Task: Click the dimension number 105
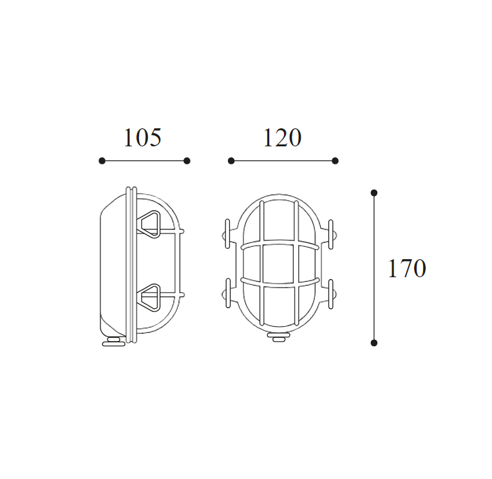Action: coord(143,137)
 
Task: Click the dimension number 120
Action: coord(282,137)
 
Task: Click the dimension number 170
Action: coord(407,268)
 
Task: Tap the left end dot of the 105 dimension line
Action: coord(102,161)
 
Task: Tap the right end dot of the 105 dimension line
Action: coord(187,161)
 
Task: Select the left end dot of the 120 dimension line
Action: coord(231,161)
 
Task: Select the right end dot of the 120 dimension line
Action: coord(335,161)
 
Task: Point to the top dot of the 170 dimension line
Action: coord(374,193)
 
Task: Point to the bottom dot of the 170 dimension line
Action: coord(374,343)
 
